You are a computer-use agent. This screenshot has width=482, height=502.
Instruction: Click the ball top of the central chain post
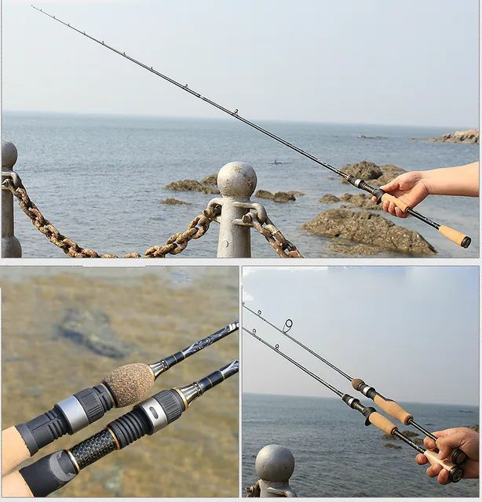coord(236,179)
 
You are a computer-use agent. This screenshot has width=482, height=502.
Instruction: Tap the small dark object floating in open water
coord(274,162)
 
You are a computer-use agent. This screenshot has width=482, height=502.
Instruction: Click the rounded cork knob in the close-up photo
coord(130,384)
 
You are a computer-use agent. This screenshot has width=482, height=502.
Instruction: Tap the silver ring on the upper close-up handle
coord(75,413)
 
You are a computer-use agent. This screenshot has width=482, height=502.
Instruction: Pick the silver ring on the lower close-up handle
coord(152,415)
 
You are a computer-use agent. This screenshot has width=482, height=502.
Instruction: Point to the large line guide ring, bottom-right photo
coord(288,325)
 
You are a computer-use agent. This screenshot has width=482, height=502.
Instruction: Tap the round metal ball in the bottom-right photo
coord(274,464)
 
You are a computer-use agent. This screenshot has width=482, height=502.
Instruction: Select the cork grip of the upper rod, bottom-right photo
coord(393,409)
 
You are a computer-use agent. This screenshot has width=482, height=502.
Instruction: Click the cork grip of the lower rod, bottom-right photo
coord(383,424)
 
